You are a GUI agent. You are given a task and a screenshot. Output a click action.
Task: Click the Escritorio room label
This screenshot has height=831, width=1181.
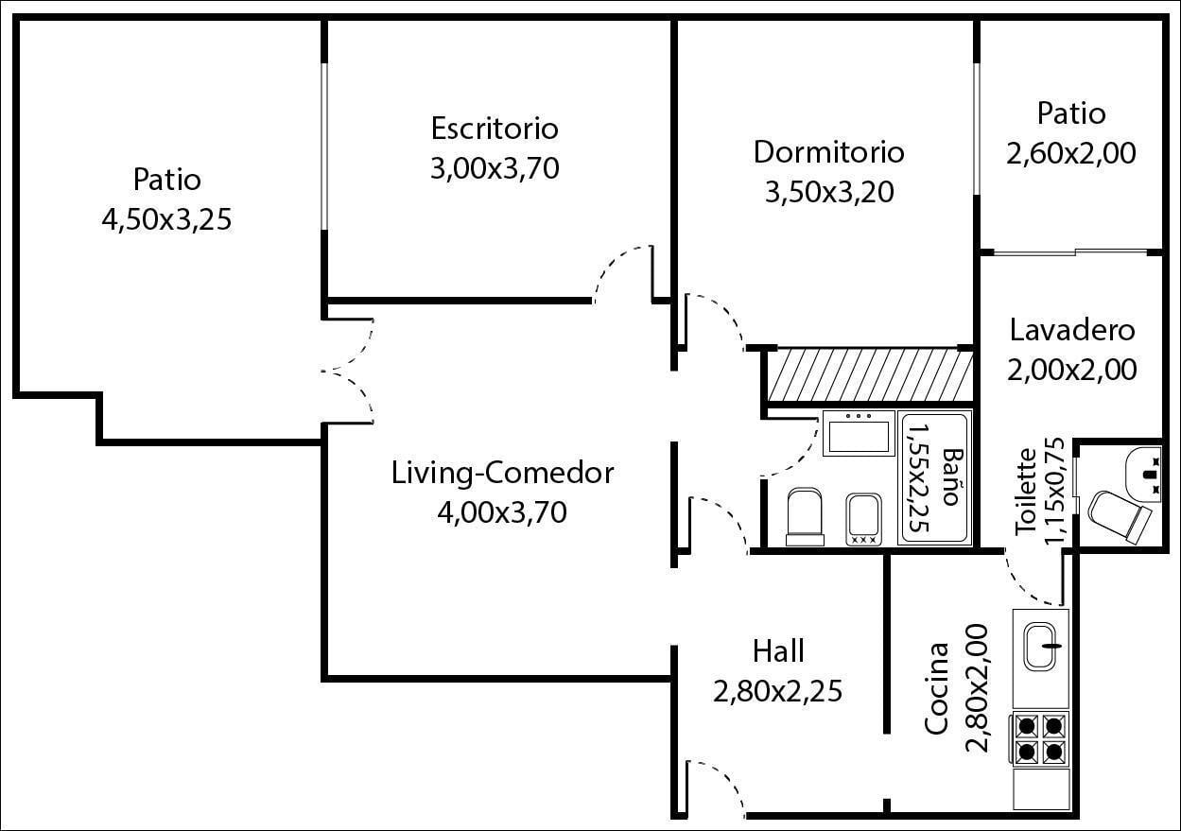(495, 129)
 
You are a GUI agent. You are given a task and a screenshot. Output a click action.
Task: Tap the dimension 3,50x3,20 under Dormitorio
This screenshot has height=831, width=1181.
(829, 192)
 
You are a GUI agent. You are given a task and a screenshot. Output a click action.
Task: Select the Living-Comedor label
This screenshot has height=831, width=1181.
(502, 473)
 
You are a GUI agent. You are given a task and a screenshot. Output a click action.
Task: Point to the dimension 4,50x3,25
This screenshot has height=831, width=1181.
(166, 220)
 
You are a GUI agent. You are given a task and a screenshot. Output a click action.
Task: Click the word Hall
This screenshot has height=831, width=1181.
(778, 651)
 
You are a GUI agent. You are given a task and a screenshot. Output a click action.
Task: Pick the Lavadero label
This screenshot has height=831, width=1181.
(1072, 331)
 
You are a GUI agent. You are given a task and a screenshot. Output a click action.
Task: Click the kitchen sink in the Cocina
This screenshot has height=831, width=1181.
(1040, 646)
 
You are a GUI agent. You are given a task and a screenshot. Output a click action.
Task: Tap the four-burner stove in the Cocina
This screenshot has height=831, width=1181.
(1040, 739)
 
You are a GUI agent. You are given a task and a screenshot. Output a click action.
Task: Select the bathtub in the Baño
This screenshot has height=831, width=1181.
(935, 479)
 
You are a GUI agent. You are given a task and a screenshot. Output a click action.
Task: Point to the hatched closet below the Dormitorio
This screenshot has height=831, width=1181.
(870, 378)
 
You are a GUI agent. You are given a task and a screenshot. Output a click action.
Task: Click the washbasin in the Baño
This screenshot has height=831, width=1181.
(859, 433)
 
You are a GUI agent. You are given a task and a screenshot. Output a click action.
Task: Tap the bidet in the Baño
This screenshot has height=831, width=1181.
(863, 519)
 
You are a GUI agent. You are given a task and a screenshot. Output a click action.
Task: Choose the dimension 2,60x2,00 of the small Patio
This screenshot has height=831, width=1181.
(1071, 153)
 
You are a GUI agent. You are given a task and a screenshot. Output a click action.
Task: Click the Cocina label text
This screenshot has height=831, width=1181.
(937, 688)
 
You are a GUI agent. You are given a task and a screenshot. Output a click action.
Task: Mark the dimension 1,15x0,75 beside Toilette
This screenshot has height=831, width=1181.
(1054, 491)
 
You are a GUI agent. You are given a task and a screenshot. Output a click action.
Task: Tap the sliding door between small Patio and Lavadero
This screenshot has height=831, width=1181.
(1071, 252)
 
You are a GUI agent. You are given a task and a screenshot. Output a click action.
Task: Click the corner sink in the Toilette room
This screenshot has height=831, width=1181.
(1144, 475)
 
